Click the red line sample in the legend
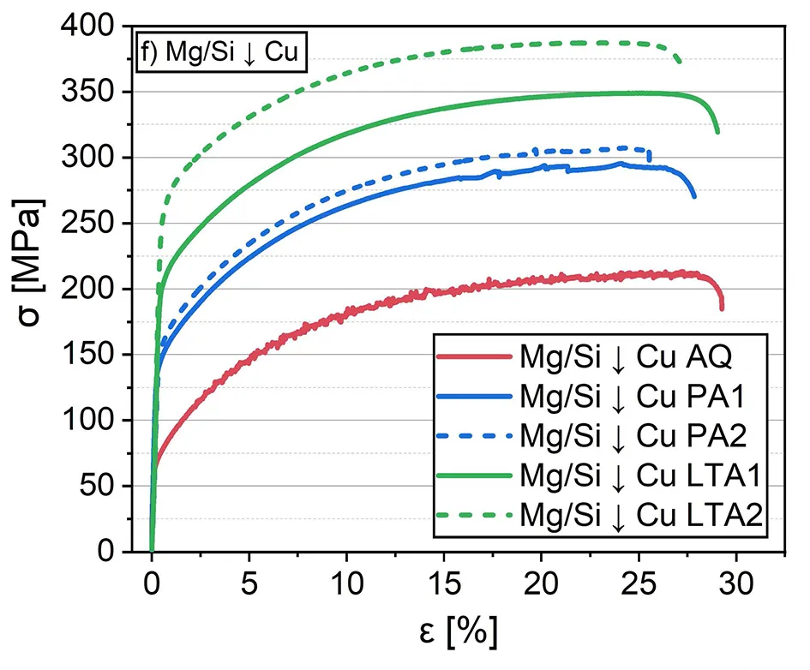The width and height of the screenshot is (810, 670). (x=474, y=356)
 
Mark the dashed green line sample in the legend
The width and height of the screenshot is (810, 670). (x=474, y=514)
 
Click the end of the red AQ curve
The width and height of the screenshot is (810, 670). (x=722, y=308)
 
